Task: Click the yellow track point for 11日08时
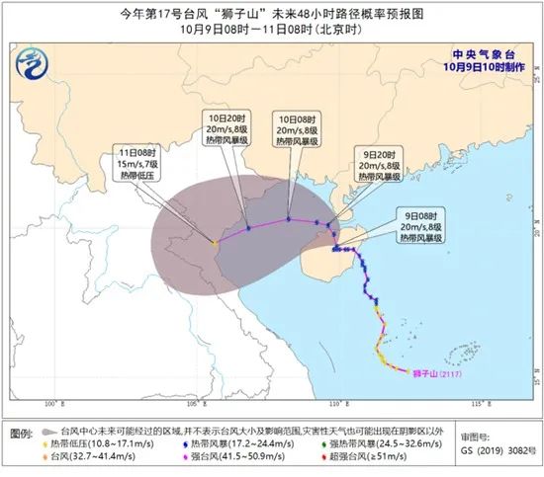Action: click(x=215, y=240)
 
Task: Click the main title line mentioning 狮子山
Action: click(x=271, y=13)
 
